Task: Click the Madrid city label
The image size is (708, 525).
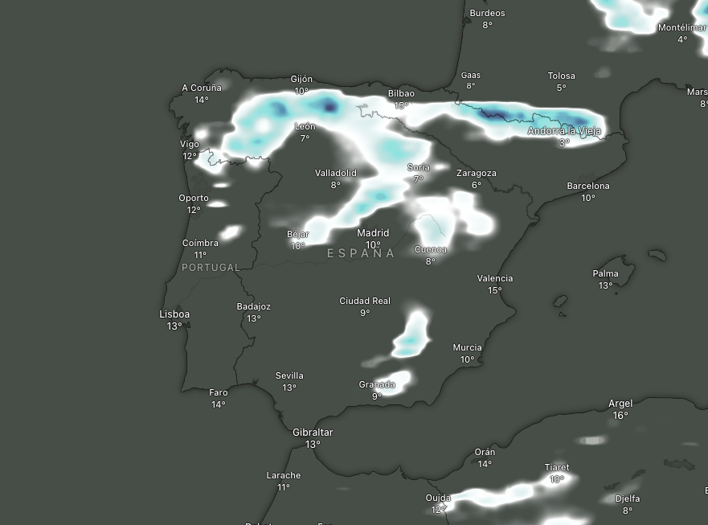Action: point(373,233)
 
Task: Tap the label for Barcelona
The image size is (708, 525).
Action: point(588,186)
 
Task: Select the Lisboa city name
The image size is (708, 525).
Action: point(174,314)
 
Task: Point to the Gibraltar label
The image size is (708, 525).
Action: point(313,433)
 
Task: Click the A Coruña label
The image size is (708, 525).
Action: point(201,88)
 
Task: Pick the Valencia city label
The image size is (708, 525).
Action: point(494,278)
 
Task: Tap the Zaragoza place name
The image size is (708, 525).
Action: point(477,173)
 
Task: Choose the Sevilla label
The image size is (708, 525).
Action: point(289,375)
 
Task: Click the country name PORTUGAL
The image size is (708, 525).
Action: point(211,268)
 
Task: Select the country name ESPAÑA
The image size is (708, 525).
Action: point(361,253)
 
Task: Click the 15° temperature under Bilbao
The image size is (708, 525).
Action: point(401,105)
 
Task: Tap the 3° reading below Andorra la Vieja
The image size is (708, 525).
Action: point(564,142)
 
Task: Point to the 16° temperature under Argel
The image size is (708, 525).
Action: point(620,416)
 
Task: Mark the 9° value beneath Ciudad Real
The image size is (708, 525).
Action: point(365,313)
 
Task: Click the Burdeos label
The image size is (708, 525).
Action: point(487,13)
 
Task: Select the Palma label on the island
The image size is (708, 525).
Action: point(605,273)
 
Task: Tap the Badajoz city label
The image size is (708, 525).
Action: point(254,306)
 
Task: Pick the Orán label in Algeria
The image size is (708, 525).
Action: point(485,452)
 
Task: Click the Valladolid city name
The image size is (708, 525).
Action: point(335,173)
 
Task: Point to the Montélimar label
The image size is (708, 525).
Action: point(682,27)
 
